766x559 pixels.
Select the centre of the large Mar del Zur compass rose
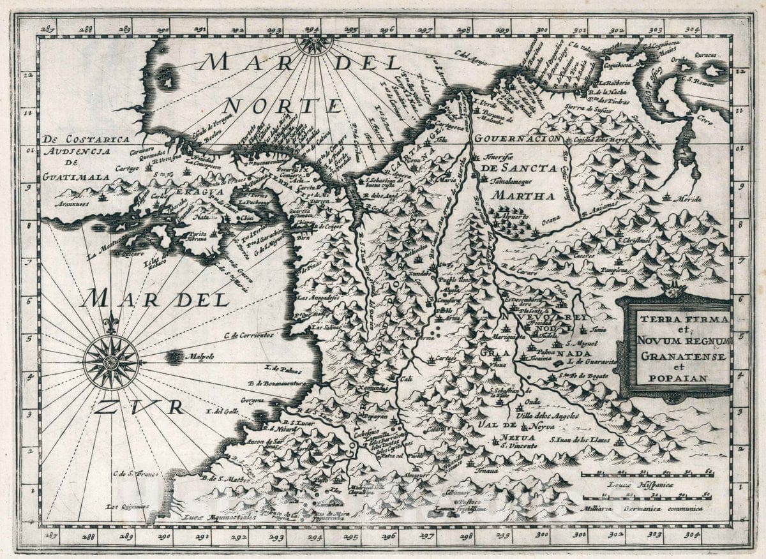(111, 362)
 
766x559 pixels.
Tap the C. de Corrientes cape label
(248, 334)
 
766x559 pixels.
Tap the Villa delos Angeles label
(547, 416)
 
